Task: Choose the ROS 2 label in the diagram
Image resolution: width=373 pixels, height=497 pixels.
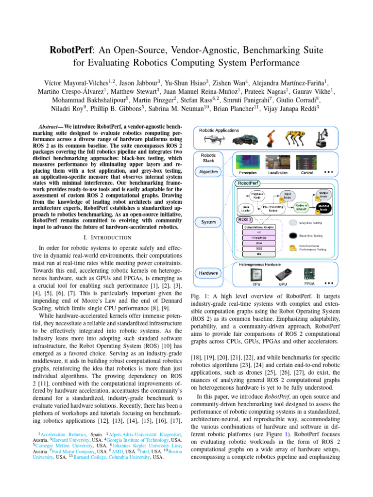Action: pos(245,219)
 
